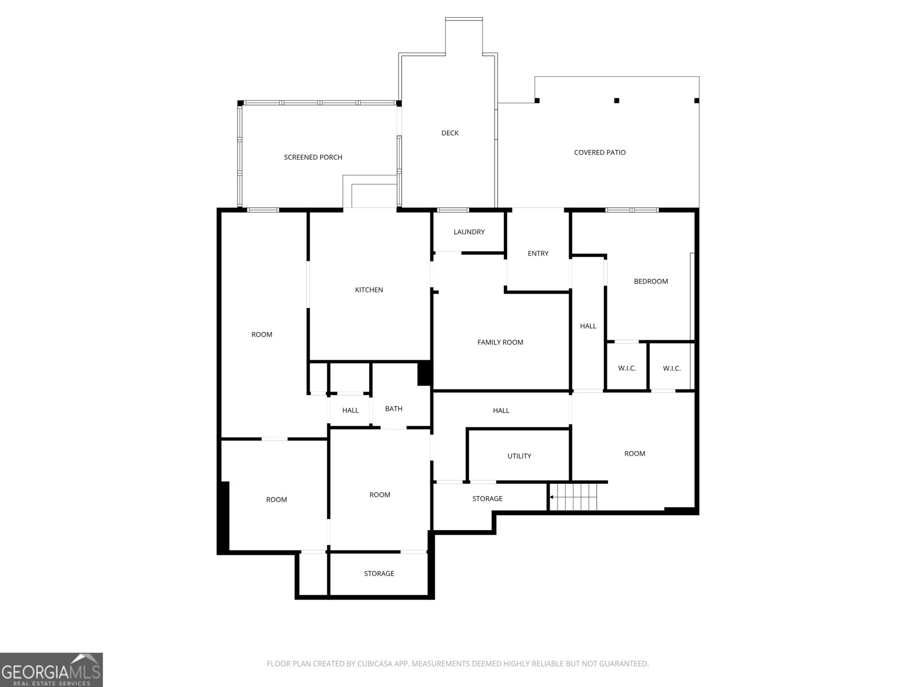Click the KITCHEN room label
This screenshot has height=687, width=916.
pyautogui.click(x=369, y=290)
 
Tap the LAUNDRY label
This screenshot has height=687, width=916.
pyautogui.click(x=469, y=232)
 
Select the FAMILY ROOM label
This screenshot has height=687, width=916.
pyautogui.click(x=500, y=342)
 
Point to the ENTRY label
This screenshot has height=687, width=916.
pyautogui.click(x=538, y=254)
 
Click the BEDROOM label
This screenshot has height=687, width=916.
pyautogui.click(x=651, y=281)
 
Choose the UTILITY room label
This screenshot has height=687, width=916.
pyautogui.click(x=519, y=456)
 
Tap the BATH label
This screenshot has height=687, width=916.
pyautogui.click(x=394, y=409)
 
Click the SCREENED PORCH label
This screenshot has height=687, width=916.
pyautogui.click(x=313, y=157)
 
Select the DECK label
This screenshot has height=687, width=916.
pyautogui.click(x=450, y=133)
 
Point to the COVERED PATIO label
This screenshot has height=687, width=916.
pyautogui.click(x=600, y=152)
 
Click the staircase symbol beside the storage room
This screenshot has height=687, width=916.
pyautogui.click(x=573, y=496)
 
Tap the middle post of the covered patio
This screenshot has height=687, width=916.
pyautogui.click(x=617, y=101)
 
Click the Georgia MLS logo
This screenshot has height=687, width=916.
pyautogui.click(x=51, y=669)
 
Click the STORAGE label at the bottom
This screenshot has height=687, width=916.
pyautogui.click(x=379, y=574)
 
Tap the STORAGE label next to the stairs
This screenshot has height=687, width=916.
pyautogui.click(x=487, y=499)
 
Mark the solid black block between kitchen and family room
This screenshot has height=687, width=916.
pyautogui.click(x=424, y=373)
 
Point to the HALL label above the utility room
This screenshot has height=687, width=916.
pyautogui.click(x=501, y=410)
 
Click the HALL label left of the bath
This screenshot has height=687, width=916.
pyautogui.click(x=350, y=410)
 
